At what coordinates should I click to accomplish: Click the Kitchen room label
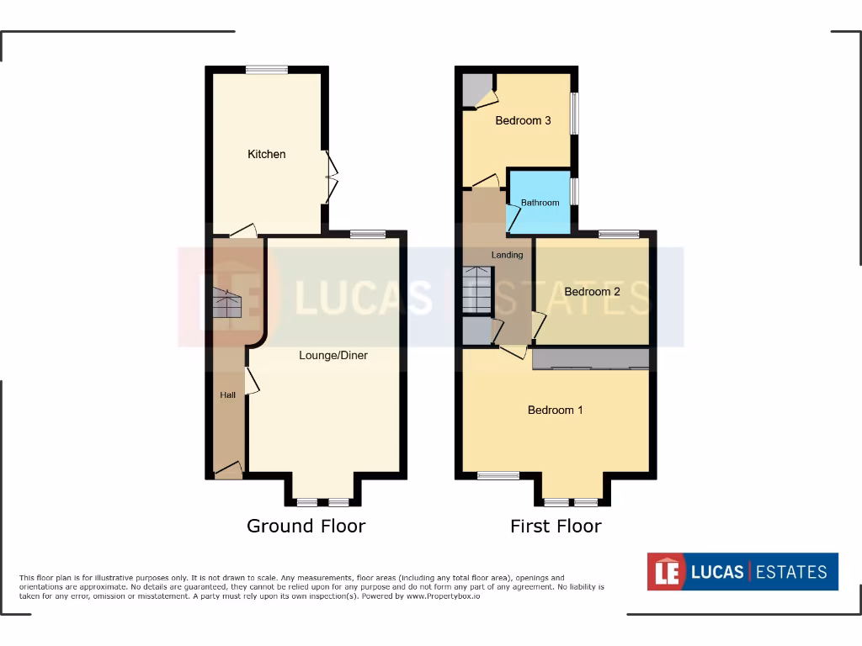(266, 154)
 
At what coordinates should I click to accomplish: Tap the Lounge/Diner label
(333, 355)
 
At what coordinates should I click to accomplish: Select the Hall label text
(227, 394)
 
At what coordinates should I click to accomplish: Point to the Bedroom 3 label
(523, 120)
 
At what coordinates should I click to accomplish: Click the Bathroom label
(540, 203)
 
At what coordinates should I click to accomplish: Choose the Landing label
(508, 255)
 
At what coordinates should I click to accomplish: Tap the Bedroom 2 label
(592, 292)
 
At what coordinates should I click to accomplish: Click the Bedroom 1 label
(555, 410)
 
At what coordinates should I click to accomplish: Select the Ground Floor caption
(306, 527)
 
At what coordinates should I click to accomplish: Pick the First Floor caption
(556, 527)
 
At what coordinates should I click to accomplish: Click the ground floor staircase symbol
(225, 303)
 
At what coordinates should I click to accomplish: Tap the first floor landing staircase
(476, 290)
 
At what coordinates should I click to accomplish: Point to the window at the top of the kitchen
(267, 71)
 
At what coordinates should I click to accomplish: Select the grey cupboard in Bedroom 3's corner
(476, 90)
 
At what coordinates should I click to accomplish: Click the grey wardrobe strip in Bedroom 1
(591, 359)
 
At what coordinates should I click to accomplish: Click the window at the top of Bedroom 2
(619, 235)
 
